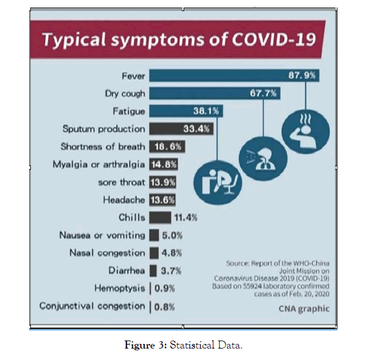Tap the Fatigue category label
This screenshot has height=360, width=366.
[x=129, y=111]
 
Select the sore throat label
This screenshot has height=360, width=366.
[x=122, y=182]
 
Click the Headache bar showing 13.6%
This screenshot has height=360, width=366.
[x=163, y=200]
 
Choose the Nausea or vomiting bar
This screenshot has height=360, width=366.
[x=154, y=235]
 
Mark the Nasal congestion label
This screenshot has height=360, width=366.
[x=107, y=252]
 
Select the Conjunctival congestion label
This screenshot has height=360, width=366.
[x=92, y=306]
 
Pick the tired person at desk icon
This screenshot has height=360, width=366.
[x=218, y=179]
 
